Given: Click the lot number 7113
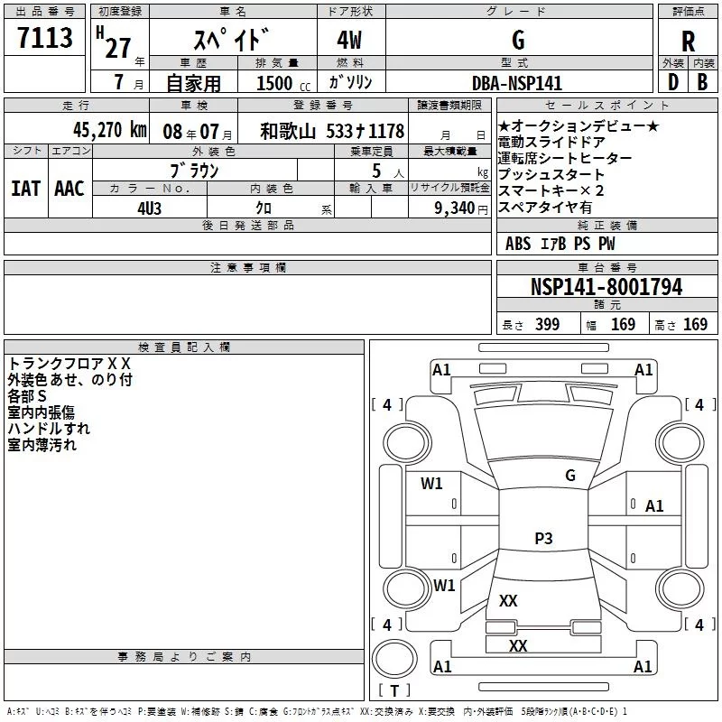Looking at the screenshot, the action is click(x=45, y=37).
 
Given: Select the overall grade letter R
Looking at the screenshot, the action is click(x=688, y=42).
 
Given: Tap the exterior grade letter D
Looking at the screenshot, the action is click(x=673, y=82).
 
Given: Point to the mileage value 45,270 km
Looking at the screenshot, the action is click(x=110, y=130).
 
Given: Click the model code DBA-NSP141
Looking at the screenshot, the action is click(x=517, y=83).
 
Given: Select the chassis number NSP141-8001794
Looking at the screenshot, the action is click(x=606, y=287).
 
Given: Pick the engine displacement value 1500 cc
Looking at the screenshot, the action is click(x=283, y=83).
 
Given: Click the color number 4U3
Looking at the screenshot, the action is click(x=149, y=208).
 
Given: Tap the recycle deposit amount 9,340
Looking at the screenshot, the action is click(x=455, y=208).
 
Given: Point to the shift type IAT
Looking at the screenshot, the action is click(x=26, y=189).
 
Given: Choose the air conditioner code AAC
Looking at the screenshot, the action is click(x=69, y=189).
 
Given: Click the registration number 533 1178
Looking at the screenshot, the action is click(x=366, y=131).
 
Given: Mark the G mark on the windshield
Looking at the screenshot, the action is click(x=570, y=476).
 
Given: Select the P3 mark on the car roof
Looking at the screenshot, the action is click(x=543, y=538).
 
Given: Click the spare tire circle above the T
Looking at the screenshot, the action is click(x=394, y=659).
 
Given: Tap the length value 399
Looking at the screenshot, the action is click(x=547, y=325).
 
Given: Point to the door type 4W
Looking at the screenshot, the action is click(x=349, y=40).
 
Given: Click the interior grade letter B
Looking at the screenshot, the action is click(x=702, y=82).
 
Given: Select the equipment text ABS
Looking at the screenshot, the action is click(x=518, y=244).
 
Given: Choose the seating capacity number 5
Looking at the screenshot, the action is click(x=376, y=171).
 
